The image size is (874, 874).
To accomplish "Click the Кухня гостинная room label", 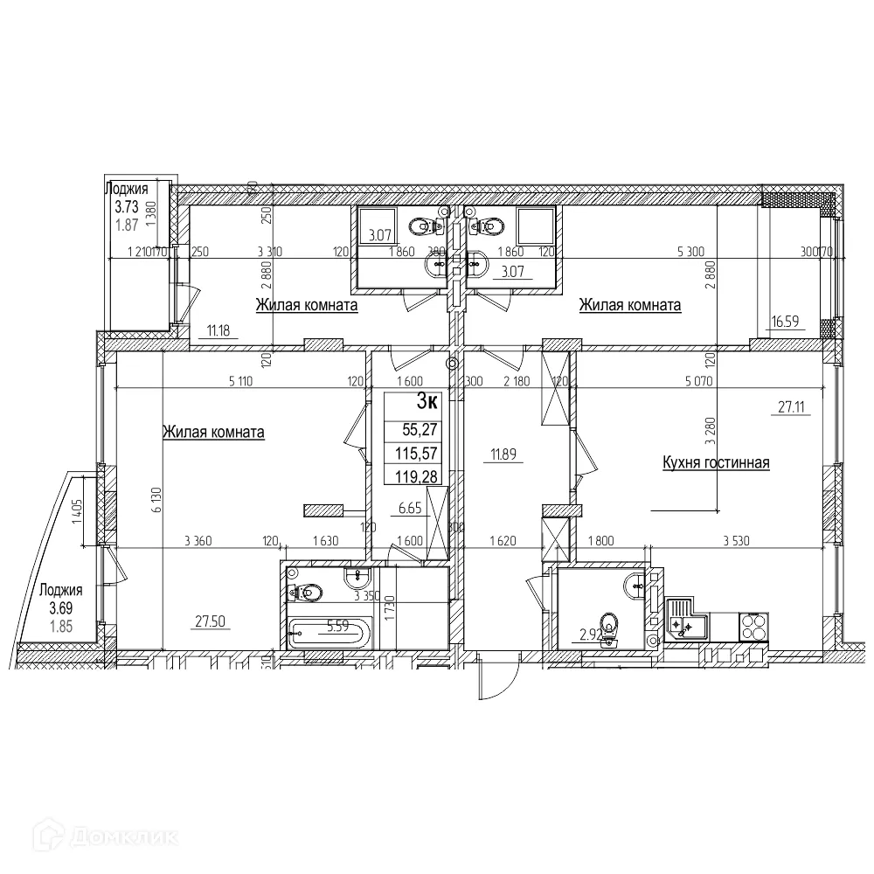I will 716,462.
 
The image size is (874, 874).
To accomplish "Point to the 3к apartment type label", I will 427,403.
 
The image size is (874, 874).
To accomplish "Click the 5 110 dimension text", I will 246,380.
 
